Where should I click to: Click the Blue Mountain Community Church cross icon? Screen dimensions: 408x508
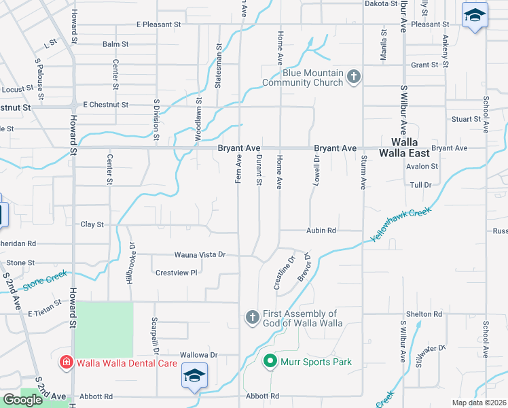tap(353, 78)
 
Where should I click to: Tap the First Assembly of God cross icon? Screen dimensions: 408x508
tap(252, 318)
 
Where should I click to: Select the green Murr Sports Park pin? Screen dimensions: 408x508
tap(270, 362)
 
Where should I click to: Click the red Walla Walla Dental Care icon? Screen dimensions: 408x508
tap(67, 362)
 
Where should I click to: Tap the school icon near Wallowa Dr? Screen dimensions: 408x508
tap(194, 376)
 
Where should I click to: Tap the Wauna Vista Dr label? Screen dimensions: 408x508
tap(199, 254)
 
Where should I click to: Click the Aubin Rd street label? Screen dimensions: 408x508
tap(321, 231)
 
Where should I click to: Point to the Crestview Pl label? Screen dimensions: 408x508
tap(176, 273)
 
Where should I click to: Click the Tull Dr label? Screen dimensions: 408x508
tap(421, 184)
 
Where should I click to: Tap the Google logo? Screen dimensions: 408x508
tap(22, 400)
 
